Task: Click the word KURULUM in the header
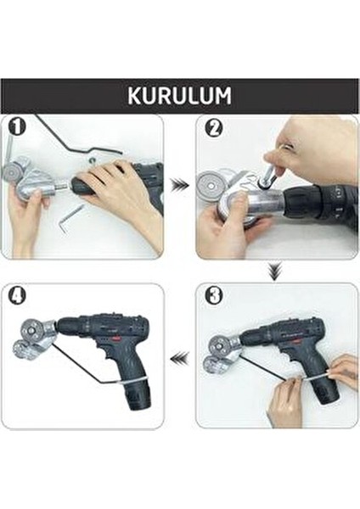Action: (179, 95)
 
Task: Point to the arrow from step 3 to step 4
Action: (179, 358)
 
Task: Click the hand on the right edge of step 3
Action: (344, 370)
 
